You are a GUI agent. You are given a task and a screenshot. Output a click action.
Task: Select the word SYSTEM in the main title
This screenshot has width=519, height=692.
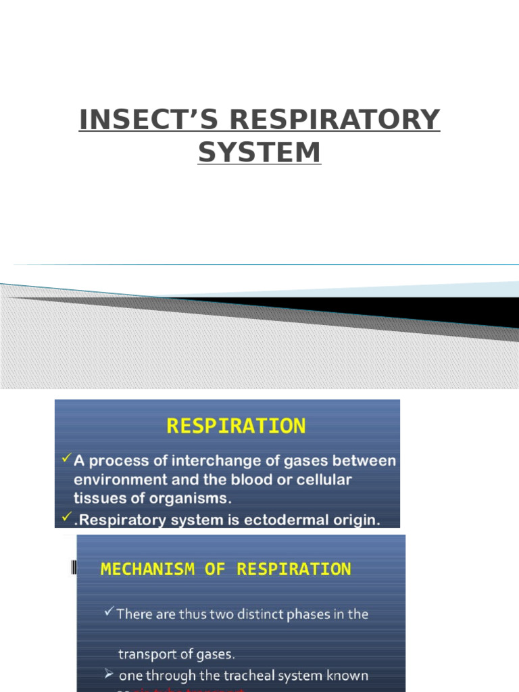coord(259,153)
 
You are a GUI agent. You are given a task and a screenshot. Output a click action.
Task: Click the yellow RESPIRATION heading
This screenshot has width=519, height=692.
coord(236,426)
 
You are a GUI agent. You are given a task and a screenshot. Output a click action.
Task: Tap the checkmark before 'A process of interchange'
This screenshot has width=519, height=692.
coord(66,459)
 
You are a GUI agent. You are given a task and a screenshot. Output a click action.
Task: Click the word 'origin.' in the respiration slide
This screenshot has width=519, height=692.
coord(351,520)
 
